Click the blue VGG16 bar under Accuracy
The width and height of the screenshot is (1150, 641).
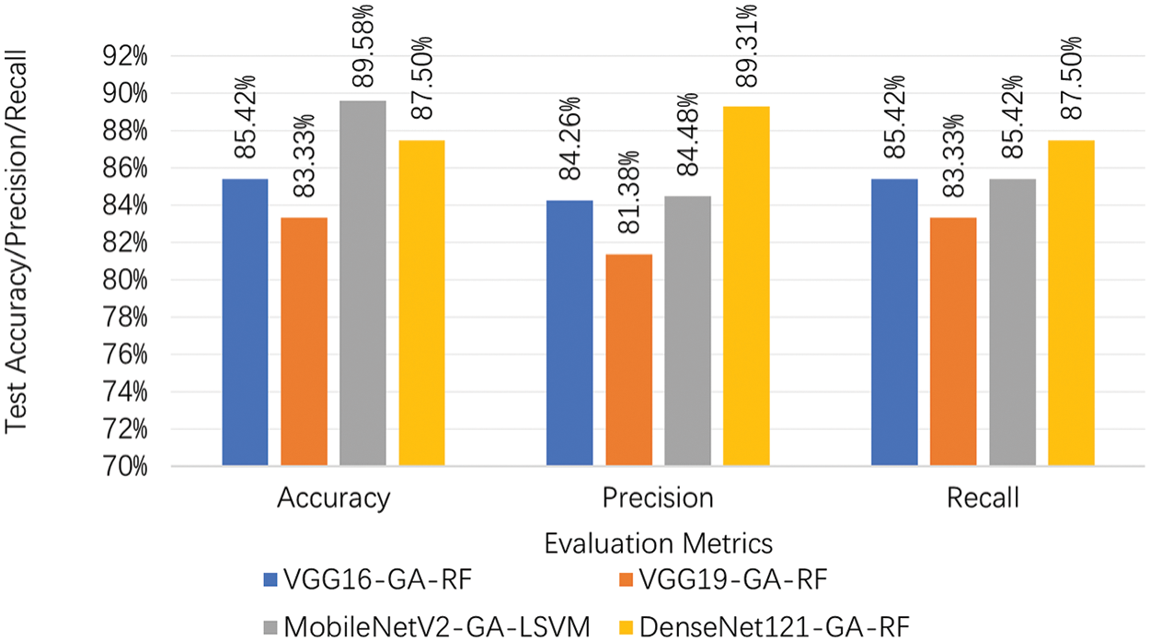[x=246, y=322]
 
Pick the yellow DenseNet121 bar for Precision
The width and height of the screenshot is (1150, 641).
[x=746, y=286]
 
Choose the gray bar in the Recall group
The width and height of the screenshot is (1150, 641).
[x=1012, y=322]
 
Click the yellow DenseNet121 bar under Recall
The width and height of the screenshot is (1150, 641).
[x=1071, y=303]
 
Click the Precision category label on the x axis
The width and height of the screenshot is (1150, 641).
[x=658, y=498]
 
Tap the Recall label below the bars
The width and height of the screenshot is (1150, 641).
[x=982, y=498]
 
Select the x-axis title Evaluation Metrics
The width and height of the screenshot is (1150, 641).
[x=658, y=542]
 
